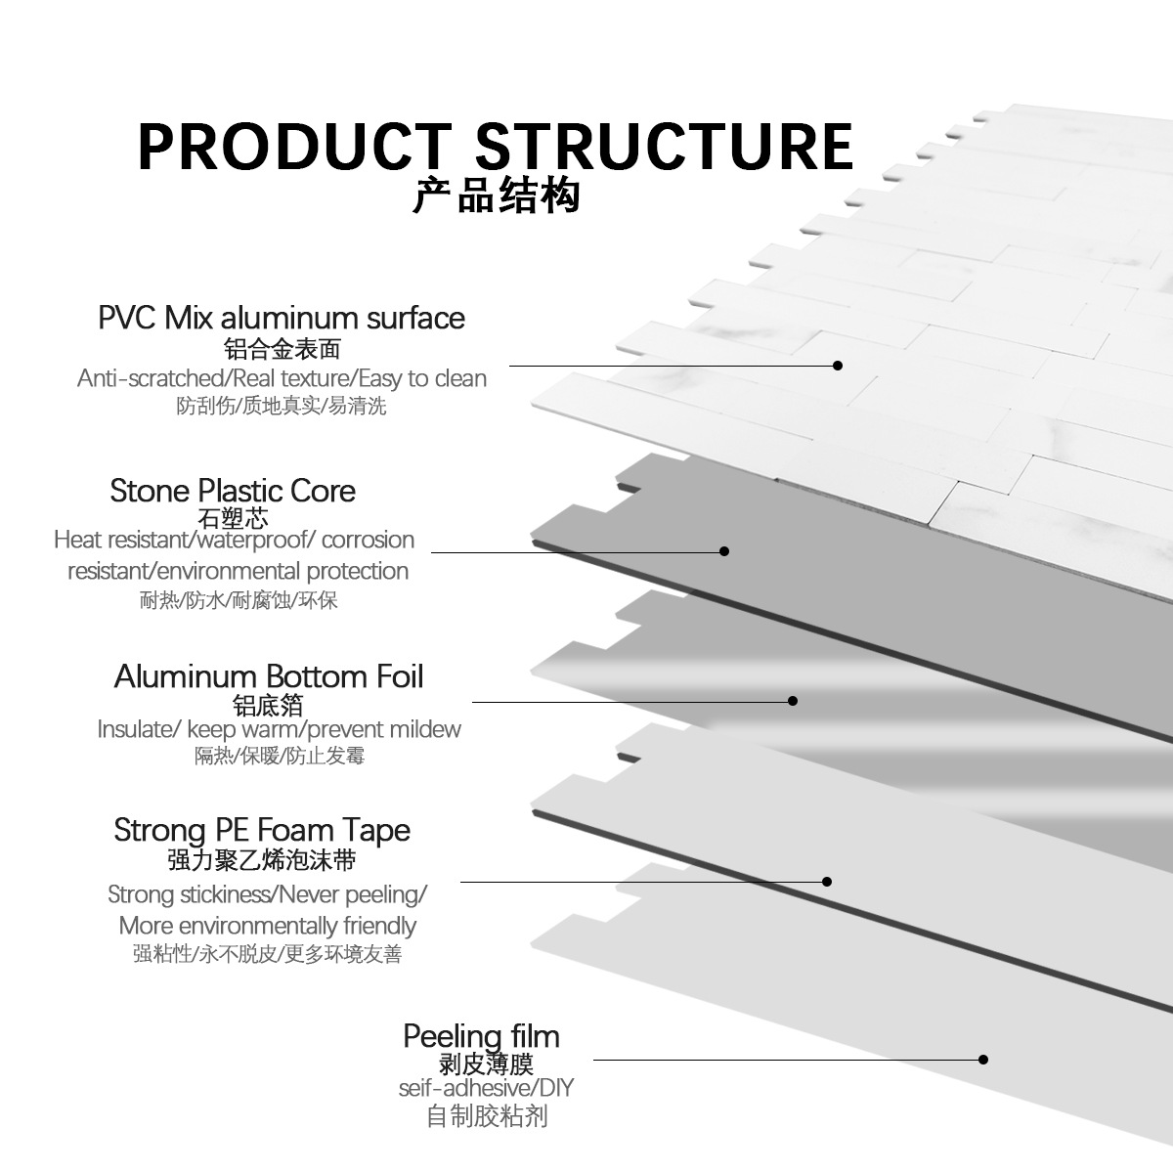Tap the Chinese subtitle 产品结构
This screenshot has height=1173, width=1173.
click(497, 195)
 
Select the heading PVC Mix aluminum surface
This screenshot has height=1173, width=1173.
click(282, 318)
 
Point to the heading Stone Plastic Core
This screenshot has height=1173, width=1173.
click(233, 491)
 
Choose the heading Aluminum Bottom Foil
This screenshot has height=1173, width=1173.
click(269, 676)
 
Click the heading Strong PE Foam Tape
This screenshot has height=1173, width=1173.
click(262, 830)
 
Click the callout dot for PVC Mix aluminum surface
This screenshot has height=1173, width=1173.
click(838, 366)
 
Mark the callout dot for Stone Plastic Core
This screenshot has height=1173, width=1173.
click(724, 551)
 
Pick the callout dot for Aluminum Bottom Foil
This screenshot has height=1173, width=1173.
click(793, 701)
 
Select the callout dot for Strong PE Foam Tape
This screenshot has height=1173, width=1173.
click(827, 882)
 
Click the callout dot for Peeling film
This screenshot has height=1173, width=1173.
click(983, 1060)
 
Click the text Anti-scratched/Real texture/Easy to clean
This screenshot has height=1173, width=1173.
click(282, 378)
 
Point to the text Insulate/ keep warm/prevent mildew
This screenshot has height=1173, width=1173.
click(280, 729)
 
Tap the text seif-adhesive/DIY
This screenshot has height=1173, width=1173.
click(487, 1088)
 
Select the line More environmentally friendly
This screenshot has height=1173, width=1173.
click(267, 926)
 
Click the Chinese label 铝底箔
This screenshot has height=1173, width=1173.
click(268, 706)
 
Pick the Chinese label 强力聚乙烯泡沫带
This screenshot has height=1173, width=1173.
click(262, 860)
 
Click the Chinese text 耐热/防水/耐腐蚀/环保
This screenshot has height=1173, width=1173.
click(239, 600)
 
